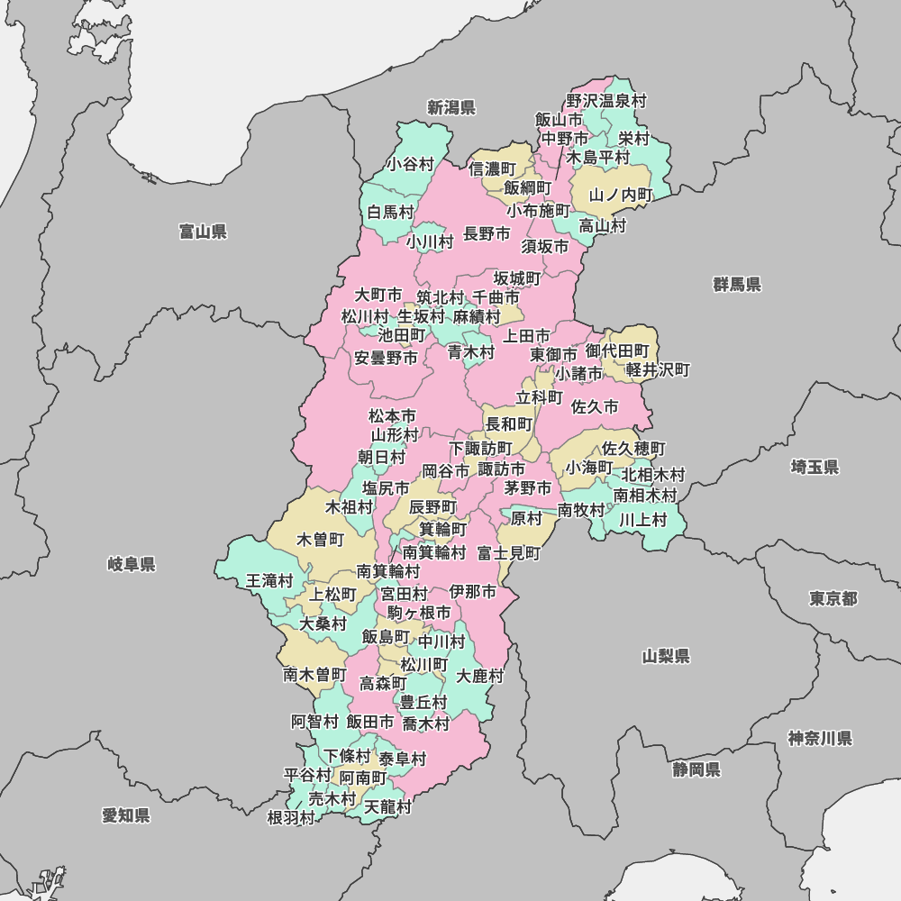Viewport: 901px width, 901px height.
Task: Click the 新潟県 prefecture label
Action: click(450, 108)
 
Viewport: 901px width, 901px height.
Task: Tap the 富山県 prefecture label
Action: click(203, 232)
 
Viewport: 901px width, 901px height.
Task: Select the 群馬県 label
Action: click(737, 285)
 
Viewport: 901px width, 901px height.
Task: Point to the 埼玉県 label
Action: click(815, 467)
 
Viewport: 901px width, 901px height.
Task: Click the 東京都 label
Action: click(833, 599)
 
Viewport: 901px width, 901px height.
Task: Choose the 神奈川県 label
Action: click(820, 739)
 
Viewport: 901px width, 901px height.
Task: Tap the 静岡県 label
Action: click(696, 769)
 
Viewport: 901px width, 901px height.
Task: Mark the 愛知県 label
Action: click(126, 815)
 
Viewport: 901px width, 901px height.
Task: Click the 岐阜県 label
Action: click(132, 565)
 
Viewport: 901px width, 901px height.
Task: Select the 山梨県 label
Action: click(667, 656)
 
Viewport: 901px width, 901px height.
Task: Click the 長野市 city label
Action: click(487, 234)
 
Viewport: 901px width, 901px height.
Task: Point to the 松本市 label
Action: click(393, 416)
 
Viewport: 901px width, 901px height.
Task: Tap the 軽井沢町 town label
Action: click(658, 370)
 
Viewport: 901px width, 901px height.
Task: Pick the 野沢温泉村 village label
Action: click(606, 102)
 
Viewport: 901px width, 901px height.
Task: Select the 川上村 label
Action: click(642, 520)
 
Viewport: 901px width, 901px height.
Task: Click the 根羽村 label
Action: click(291, 818)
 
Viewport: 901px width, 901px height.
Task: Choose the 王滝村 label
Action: click(269, 581)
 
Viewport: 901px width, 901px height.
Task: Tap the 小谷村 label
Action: click(410, 164)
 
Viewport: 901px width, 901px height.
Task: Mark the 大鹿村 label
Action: click(479, 676)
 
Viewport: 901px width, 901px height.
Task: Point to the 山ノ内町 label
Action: click(621, 195)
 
